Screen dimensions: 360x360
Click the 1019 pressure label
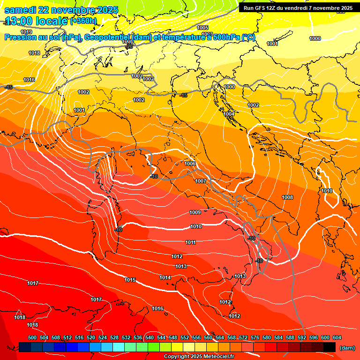tap(26, 32)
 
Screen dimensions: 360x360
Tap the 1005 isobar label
tap(202, 28)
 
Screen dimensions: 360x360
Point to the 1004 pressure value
tap(229, 114)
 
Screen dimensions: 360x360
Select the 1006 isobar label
tap(190, 164)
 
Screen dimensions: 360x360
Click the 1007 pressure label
tap(201, 181)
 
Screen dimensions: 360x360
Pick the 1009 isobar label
tap(195, 212)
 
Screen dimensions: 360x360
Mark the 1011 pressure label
tap(190, 242)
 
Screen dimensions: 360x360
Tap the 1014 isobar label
tap(165, 277)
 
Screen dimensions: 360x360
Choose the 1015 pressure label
tap(130, 280)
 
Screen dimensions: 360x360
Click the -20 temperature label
tap(129, 46)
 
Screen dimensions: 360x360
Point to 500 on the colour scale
tap(32, 337)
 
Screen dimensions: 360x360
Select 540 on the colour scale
tap(150, 337)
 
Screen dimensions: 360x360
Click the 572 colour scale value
tap(243, 337)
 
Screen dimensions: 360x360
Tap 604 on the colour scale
tap(337, 337)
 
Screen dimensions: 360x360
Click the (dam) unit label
tap(347, 347)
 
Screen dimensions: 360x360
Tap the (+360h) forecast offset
tap(83, 21)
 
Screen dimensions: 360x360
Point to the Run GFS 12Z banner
tap(298, 8)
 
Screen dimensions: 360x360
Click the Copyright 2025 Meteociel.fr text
tap(199, 356)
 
